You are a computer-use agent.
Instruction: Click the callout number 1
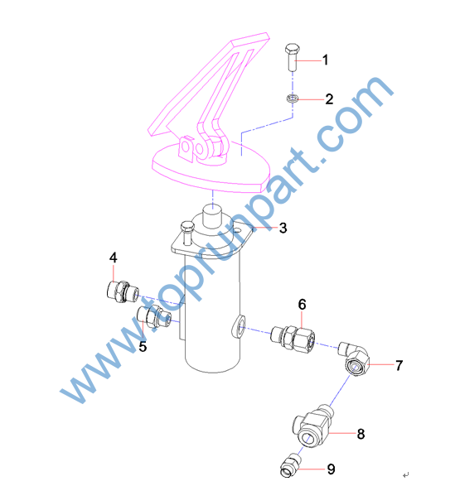pos(325,60)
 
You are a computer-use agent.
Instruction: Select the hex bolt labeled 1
pos(292,57)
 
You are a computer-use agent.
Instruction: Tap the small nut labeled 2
pos(292,99)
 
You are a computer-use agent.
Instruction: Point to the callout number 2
pos(329,99)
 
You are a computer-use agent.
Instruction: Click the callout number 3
pos(283,229)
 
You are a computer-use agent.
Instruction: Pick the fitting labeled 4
pos(123,291)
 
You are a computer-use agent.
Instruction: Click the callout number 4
pos(114,257)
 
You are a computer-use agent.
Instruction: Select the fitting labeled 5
pos(154,316)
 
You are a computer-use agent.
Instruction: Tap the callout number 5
pos(143,346)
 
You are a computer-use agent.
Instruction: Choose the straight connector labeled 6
pos(293,338)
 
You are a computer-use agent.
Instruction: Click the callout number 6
pos(302,305)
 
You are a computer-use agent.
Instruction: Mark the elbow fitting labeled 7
pos(355,358)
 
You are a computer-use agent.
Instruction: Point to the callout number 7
pos(399,366)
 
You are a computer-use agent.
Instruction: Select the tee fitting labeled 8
pos(312,426)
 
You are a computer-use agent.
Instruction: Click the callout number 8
pos(361,434)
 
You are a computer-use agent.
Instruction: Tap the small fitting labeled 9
pos(290,466)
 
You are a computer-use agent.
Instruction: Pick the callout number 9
pos(332,469)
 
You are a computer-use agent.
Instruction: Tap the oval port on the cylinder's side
pos(239,326)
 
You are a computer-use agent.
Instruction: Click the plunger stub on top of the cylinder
pos(213,216)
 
